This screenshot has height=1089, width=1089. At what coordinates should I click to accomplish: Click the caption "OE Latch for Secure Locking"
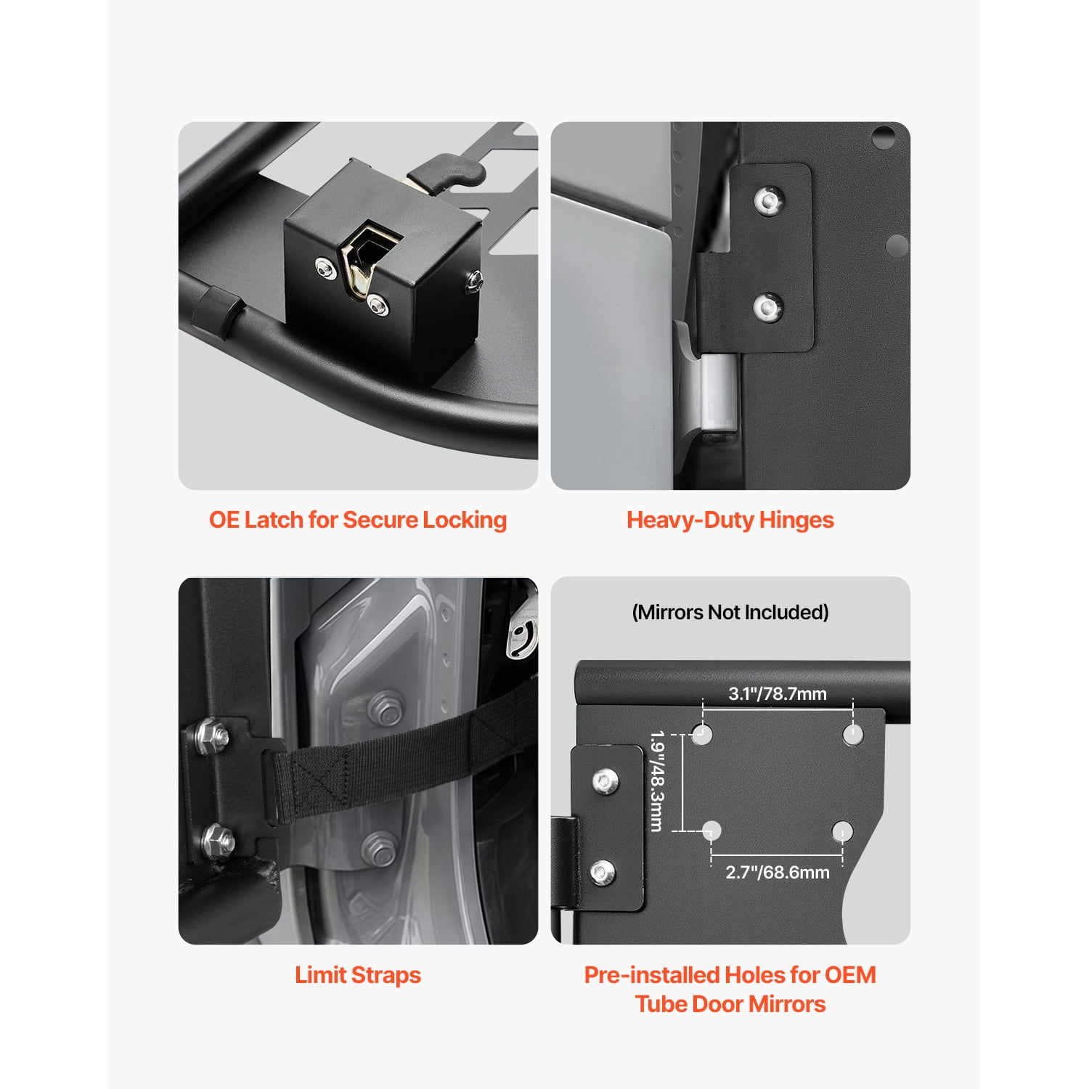(358, 520)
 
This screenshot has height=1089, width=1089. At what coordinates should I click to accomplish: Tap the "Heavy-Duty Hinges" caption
(730, 520)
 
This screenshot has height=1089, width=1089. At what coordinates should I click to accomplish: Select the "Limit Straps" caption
(358, 975)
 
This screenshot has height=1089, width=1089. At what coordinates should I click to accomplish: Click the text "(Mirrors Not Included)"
(730, 612)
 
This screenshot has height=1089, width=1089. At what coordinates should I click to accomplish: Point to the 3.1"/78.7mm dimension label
(778, 694)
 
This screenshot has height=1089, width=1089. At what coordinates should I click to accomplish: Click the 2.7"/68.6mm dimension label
(778, 872)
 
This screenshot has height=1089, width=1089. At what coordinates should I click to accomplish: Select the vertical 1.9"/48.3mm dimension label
(657, 781)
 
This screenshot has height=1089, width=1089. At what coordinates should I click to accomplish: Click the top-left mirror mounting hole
(701, 734)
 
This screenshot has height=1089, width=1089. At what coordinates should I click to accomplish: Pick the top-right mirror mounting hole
(853, 735)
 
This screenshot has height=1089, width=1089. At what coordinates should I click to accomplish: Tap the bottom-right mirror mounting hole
(842, 831)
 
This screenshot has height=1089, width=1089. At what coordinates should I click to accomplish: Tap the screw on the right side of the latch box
(473, 280)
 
